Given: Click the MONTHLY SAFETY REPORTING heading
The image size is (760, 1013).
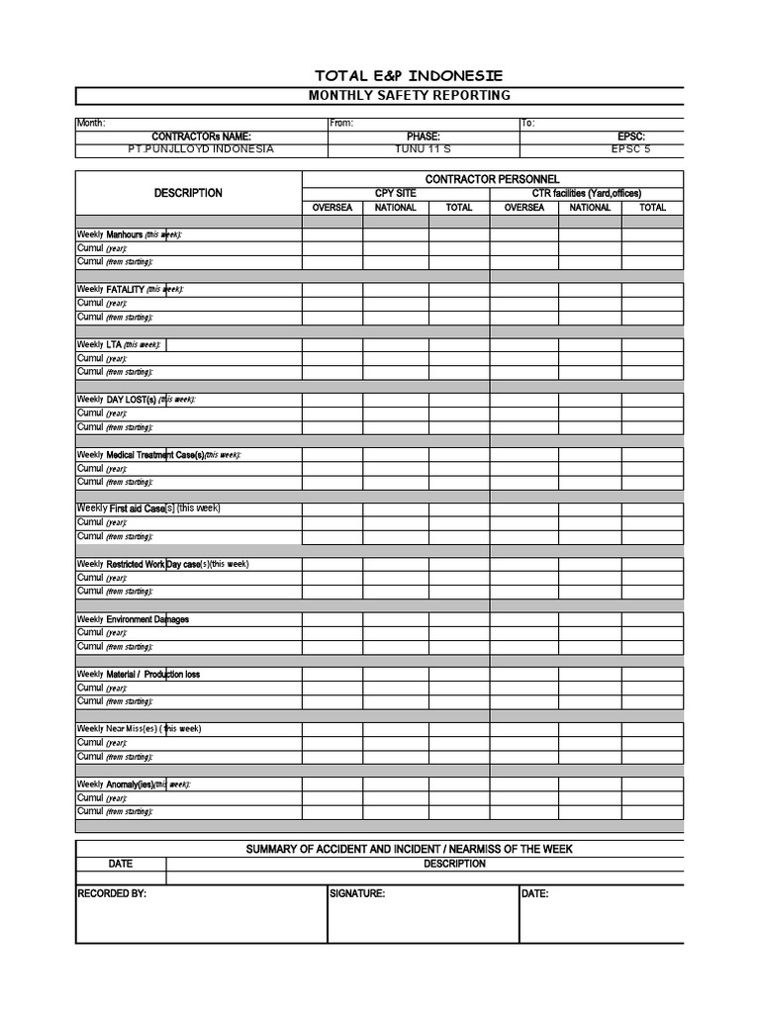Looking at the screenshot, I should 409,96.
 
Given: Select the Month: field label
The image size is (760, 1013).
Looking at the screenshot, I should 90,124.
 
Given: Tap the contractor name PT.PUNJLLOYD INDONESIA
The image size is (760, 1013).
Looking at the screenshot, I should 201,149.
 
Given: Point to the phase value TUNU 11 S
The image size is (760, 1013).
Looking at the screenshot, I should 423,149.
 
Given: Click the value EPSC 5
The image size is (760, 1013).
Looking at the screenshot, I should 631,149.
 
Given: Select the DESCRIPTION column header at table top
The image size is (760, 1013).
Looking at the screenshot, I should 188,193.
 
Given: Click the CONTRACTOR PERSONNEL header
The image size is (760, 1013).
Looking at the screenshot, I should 492,178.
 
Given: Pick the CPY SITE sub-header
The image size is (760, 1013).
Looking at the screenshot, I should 395,193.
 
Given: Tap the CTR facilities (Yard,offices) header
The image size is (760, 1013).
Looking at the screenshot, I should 586,193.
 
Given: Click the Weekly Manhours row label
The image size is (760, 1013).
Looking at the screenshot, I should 130,234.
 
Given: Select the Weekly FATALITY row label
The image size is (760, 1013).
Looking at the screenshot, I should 131,290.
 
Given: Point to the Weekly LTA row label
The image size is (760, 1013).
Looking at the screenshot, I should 119,345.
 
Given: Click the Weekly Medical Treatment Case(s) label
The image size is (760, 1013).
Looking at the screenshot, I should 158,455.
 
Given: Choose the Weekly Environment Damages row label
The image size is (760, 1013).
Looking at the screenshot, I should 133,619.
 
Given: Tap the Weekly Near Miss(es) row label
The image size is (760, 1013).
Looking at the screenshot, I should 139,729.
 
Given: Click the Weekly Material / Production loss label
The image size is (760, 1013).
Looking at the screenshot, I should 139,675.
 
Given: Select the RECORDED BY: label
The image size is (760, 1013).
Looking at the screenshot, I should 112,893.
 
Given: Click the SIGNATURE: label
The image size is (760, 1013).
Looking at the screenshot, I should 356,893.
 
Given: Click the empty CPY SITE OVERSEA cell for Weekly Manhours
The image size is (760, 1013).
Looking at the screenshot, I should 332,234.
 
